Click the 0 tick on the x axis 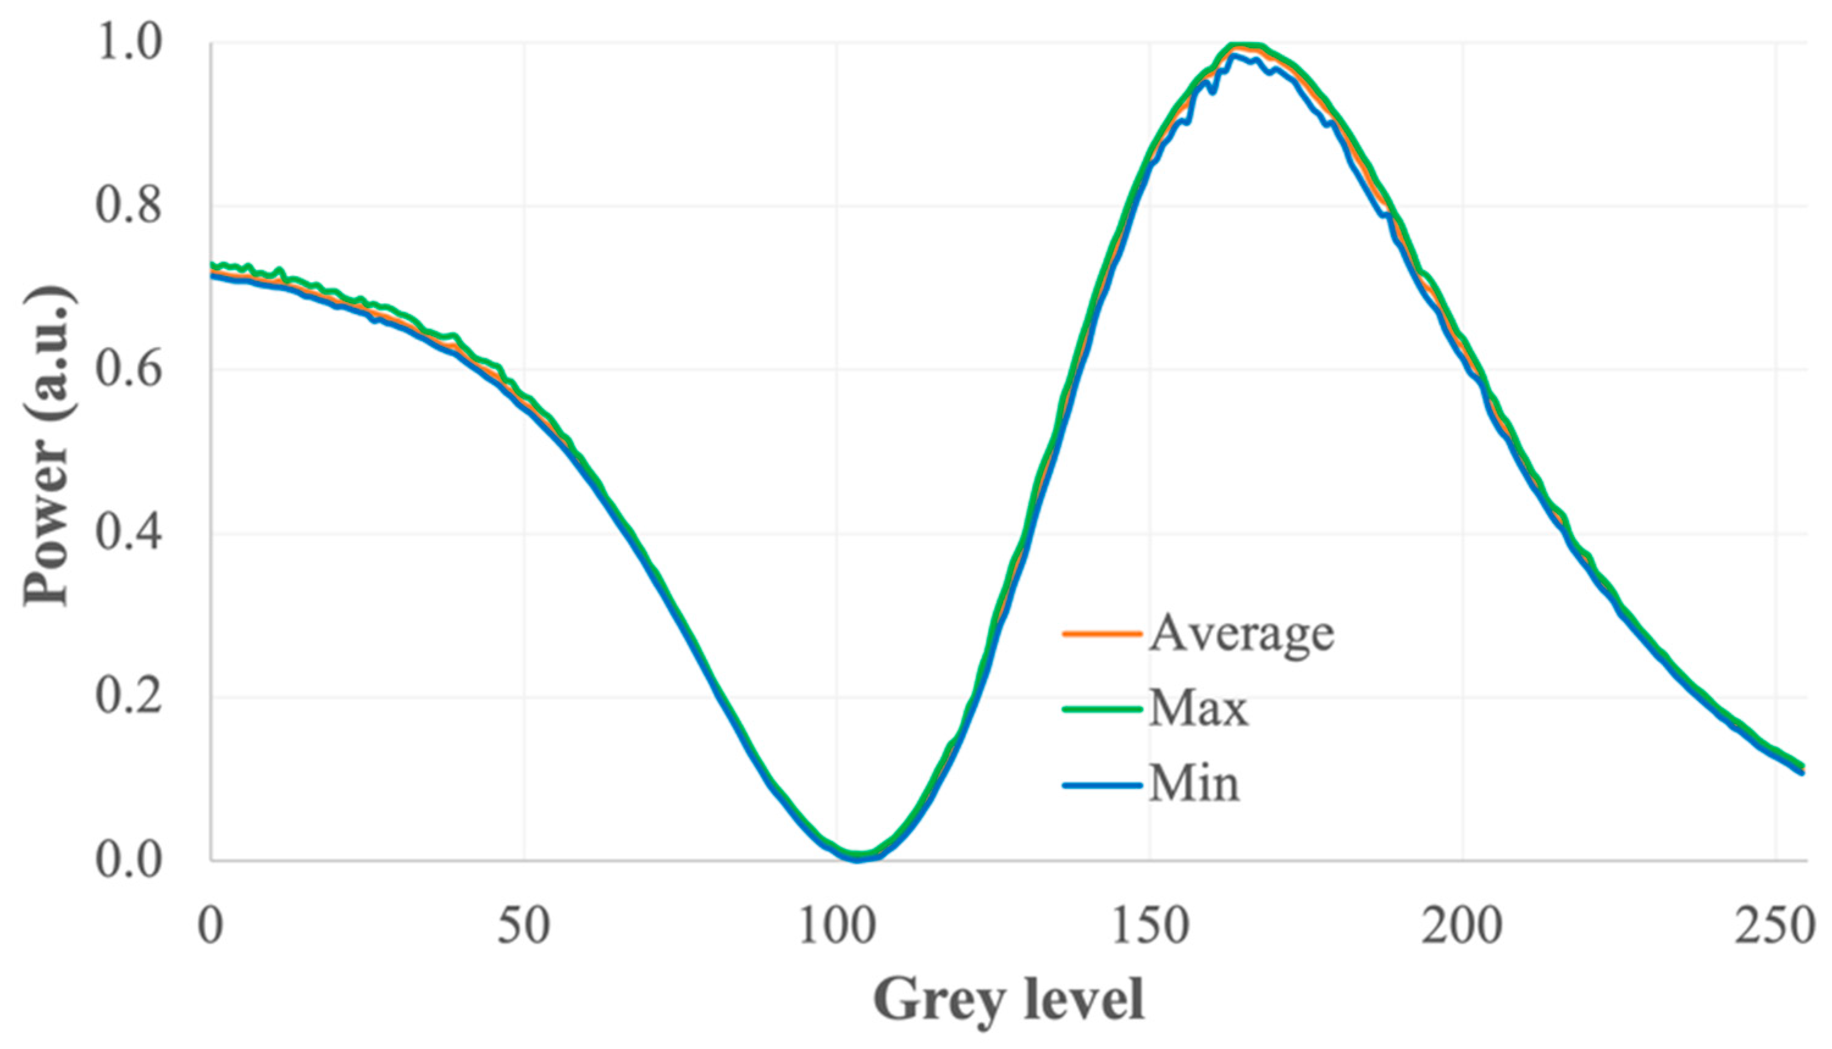tap(210, 926)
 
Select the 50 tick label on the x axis tap(524, 926)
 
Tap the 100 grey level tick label tap(837, 926)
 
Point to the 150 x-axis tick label tap(1149, 926)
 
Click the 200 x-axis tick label tap(1462, 926)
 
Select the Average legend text tap(1241, 634)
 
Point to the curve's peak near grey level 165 tap(1241, 46)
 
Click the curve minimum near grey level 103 tap(856, 857)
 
